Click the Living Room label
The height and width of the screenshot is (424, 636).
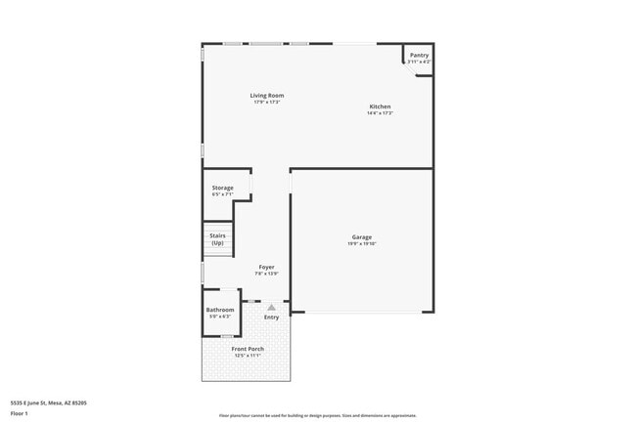click(x=267, y=95)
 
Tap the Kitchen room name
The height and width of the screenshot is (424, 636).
click(x=380, y=106)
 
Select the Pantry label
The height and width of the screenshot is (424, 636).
click(x=419, y=56)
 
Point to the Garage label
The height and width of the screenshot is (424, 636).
click(x=362, y=237)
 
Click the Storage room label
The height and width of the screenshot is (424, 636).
click(x=223, y=188)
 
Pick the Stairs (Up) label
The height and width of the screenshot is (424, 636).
click(x=217, y=238)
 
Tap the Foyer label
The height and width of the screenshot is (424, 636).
click(x=266, y=267)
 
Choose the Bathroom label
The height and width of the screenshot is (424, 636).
click(x=220, y=310)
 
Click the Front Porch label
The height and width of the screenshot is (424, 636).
click(x=248, y=349)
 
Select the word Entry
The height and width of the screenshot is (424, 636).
click(x=271, y=317)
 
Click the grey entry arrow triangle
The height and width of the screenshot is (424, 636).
click(x=271, y=307)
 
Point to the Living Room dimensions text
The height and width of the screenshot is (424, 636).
click(x=267, y=102)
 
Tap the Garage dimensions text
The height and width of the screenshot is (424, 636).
click(x=362, y=244)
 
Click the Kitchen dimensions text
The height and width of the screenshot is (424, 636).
click(x=380, y=113)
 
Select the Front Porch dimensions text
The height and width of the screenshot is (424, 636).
click(x=248, y=356)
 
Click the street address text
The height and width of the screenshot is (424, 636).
click(x=49, y=402)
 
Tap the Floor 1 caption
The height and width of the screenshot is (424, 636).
click(x=21, y=413)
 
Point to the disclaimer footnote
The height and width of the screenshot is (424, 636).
click(x=317, y=415)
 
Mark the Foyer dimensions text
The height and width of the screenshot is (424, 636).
click(x=266, y=274)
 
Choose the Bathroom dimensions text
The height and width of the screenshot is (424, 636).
click(x=220, y=317)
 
